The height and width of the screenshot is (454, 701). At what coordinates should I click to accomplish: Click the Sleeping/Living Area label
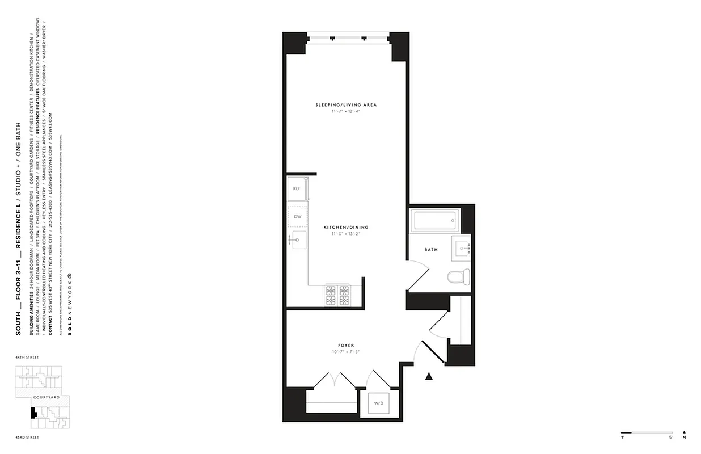pyautogui.click(x=346, y=105)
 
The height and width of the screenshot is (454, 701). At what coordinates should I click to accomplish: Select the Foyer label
pyautogui.click(x=346, y=346)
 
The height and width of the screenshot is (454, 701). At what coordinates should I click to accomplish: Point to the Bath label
pyautogui.click(x=431, y=250)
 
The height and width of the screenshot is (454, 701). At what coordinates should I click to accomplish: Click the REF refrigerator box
pyautogui.click(x=297, y=188)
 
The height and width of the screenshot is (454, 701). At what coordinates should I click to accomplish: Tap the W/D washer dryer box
pyautogui.click(x=378, y=404)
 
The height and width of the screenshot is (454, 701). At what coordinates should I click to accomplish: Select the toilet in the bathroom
pyautogui.click(x=458, y=277)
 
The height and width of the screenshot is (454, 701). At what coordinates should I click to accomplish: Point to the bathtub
pyautogui.click(x=435, y=221)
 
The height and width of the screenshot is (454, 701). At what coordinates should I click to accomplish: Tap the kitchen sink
pyautogui.click(x=298, y=241)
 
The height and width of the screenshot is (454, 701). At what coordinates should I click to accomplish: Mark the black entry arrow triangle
pyautogui.click(x=429, y=375)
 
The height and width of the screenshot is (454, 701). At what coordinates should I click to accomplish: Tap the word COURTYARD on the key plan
pyautogui.click(x=47, y=397)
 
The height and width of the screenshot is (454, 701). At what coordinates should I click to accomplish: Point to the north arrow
pyautogui.click(x=685, y=433)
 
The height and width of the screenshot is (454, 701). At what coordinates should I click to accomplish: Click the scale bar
pyautogui.click(x=647, y=432)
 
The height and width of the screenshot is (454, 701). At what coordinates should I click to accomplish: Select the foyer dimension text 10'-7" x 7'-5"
pyautogui.click(x=346, y=352)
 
